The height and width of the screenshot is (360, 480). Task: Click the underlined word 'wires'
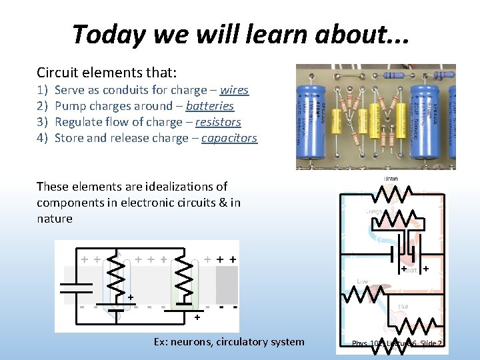[x=234, y=90]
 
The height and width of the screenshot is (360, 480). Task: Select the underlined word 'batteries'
[x=210, y=106]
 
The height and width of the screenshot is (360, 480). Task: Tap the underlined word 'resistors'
[x=215, y=122]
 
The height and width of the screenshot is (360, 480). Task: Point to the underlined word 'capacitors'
[x=229, y=138]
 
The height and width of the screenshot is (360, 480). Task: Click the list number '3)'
[x=42, y=122]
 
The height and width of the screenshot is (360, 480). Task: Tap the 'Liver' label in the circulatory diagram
[x=362, y=281]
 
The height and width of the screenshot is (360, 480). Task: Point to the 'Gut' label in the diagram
[x=403, y=307]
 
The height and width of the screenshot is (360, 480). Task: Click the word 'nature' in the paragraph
[x=55, y=219]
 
